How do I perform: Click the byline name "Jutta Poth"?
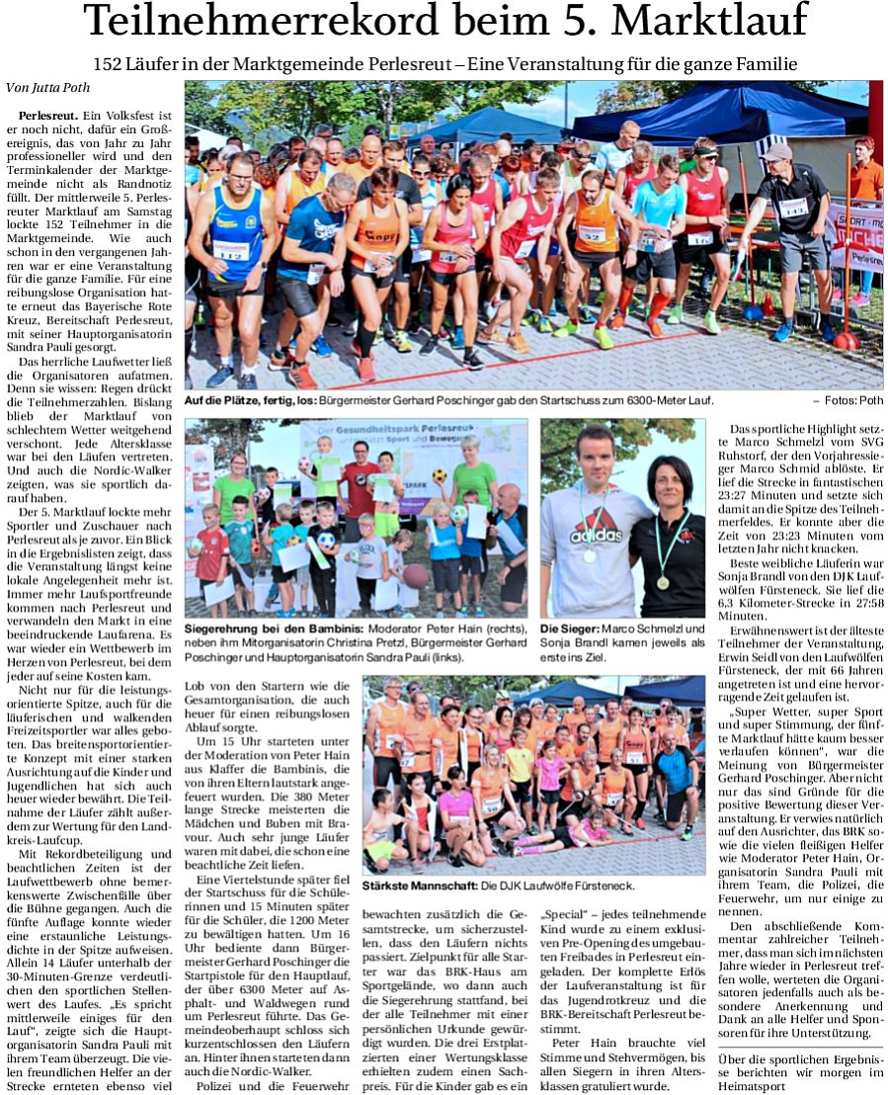[59, 87]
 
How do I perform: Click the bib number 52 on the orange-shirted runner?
[592, 234]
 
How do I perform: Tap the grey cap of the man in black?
[776, 152]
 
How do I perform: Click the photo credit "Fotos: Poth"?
[852, 400]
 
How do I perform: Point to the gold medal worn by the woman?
[662, 582]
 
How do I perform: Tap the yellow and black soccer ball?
[439, 475]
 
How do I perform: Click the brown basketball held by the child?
[416, 574]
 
